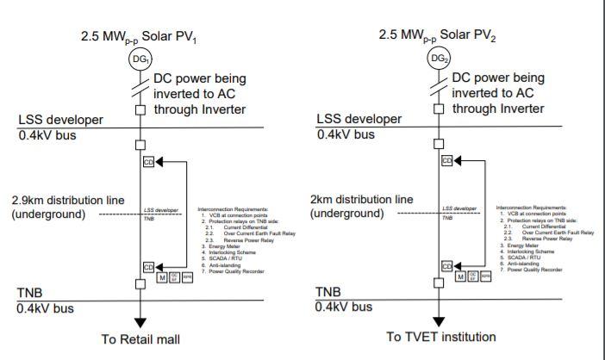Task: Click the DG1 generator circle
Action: coord(140,59)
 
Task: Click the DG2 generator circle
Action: coord(439,59)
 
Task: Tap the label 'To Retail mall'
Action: coord(140,339)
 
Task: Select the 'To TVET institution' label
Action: coord(440,336)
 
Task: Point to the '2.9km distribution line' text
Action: coord(67,200)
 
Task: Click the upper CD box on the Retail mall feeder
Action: coord(148,161)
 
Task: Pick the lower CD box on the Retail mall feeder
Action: coord(148,267)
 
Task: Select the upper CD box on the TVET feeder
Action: coord(446,160)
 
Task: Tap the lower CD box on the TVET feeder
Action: coord(446,266)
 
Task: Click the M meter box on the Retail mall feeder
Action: coord(162,276)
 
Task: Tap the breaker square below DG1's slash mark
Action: coord(140,109)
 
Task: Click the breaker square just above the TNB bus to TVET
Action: coord(439,281)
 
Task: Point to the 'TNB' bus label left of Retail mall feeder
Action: coord(30,293)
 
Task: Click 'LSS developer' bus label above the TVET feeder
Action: coord(359,119)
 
